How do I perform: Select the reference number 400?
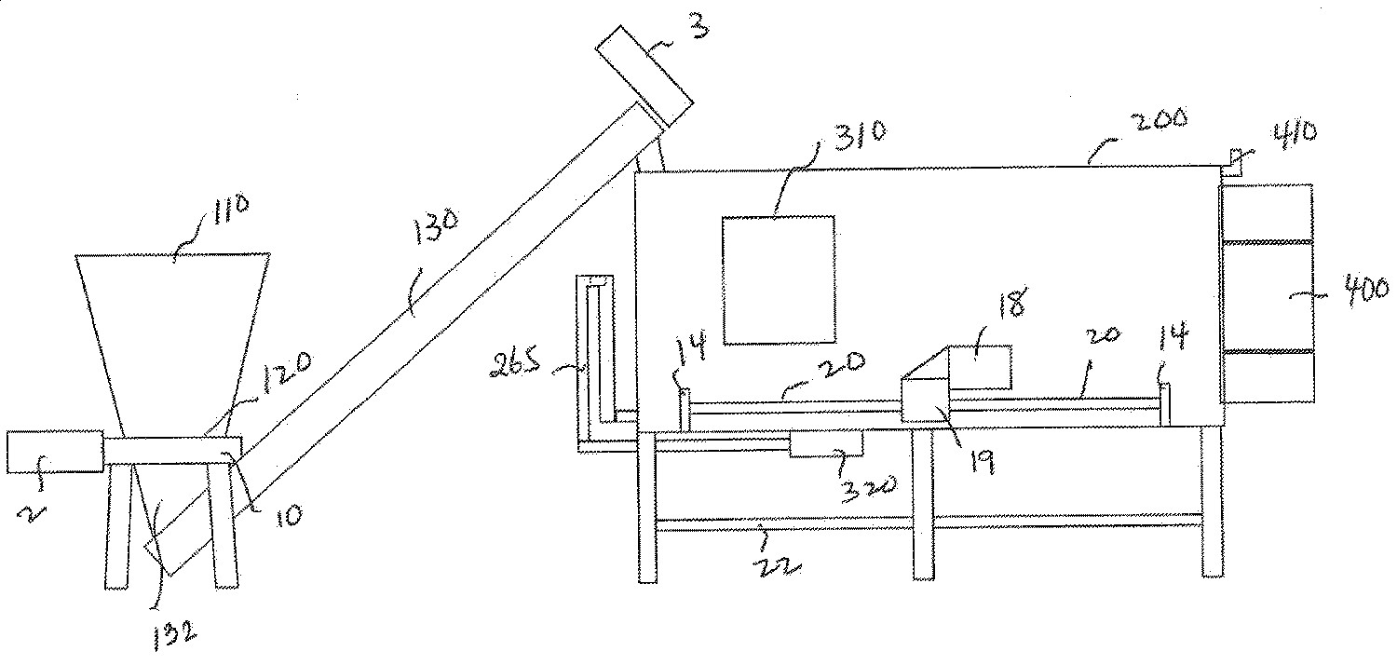(x=1363, y=292)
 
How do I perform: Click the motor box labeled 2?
(x=53, y=452)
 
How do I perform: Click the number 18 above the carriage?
(x=1010, y=305)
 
